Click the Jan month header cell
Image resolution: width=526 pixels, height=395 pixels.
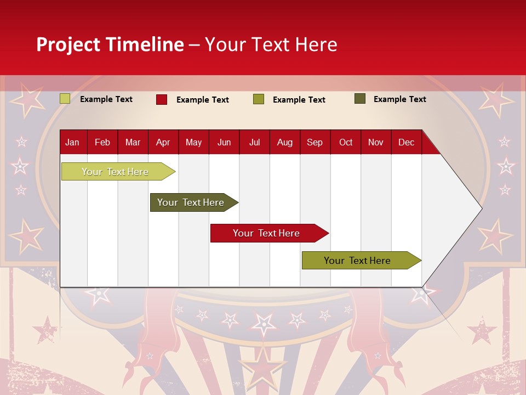tap(72, 142)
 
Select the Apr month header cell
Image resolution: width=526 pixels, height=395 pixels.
tap(163, 142)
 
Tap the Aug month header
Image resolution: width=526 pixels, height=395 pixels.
tap(284, 142)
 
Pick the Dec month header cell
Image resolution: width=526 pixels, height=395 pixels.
tap(406, 142)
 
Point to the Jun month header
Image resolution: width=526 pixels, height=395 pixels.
tap(224, 142)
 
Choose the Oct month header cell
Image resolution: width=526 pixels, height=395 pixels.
tap(345, 142)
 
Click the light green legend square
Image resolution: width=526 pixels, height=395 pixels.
tap(65, 99)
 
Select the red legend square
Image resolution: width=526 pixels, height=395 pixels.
tap(161, 99)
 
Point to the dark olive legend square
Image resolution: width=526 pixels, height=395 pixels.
tap(359, 99)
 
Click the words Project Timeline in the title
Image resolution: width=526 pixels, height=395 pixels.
tap(110, 44)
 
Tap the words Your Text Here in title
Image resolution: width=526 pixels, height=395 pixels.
tap(271, 44)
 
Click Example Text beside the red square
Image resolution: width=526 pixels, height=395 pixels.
tap(202, 100)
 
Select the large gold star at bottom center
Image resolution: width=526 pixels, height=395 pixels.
tap(264, 365)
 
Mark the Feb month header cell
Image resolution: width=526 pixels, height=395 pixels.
tap(102, 142)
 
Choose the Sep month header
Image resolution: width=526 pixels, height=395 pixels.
tap(315, 142)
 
